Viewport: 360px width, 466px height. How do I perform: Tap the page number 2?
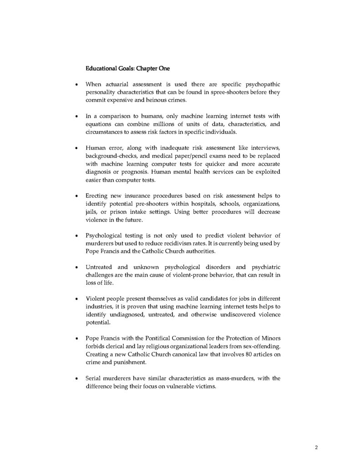tap(316, 447)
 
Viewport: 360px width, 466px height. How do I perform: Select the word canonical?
tap(179, 355)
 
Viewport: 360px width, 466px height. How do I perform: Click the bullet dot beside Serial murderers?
tap(76, 378)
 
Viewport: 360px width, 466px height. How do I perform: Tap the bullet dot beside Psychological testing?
tap(76, 236)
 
